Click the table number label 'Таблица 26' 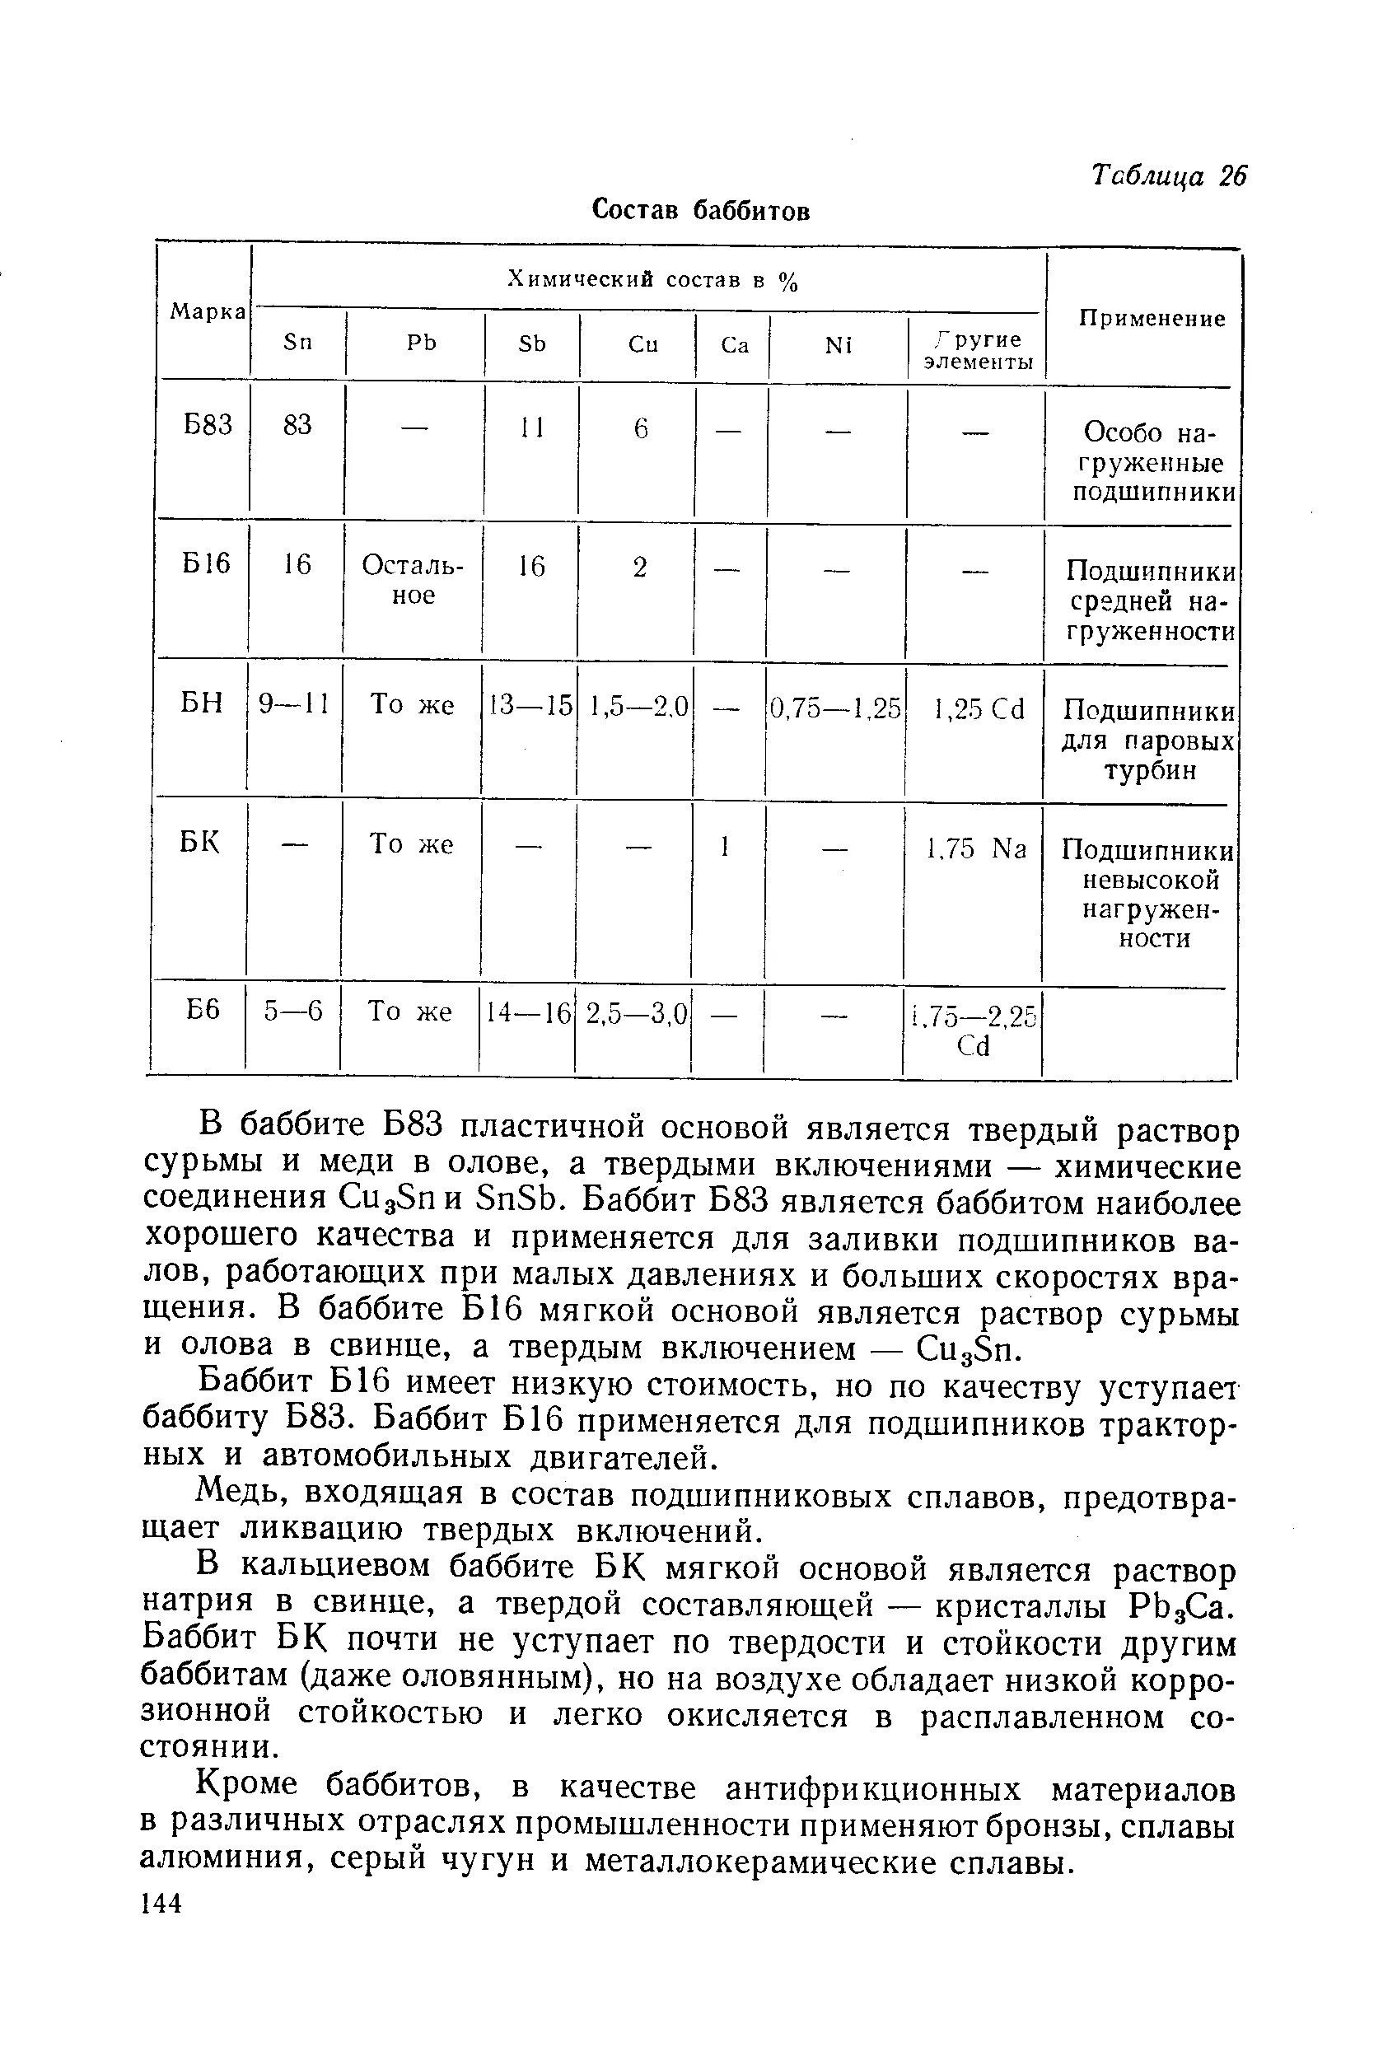(x=1168, y=176)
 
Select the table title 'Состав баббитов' (x=700, y=211)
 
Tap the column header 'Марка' (x=208, y=311)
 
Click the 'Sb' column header (x=532, y=344)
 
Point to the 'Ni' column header (x=838, y=345)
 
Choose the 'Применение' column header (x=1152, y=319)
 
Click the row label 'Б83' (x=208, y=426)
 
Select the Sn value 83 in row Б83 (x=297, y=426)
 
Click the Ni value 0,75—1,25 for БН (x=835, y=707)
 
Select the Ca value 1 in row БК (x=725, y=847)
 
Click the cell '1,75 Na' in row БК (x=977, y=848)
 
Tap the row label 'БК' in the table (x=200, y=843)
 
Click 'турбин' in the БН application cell (x=1150, y=769)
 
